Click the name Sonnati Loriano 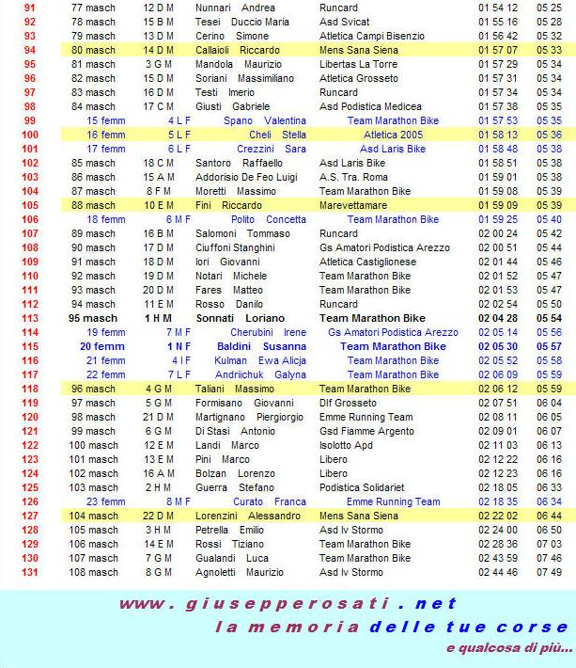pyautogui.click(x=241, y=319)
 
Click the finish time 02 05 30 pyautogui.click(x=498, y=347)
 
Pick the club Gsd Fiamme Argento pyautogui.click(x=367, y=432)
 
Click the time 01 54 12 pyautogui.click(x=498, y=8)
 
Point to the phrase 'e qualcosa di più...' pyautogui.click(x=508, y=648)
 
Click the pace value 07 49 pyautogui.click(x=550, y=573)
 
